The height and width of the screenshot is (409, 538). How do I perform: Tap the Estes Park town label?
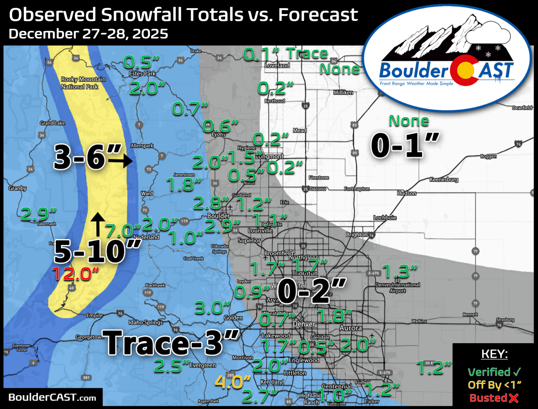point(142,74)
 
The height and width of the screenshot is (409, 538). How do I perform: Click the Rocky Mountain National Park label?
point(83,83)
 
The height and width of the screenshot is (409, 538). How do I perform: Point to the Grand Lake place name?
point(52,123)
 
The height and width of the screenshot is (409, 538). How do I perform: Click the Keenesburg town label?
point(444,179)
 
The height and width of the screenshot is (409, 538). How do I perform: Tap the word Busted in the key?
point(488,398)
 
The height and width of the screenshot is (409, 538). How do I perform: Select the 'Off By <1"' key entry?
point(494,385)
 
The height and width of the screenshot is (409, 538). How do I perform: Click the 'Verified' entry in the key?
point(489,372)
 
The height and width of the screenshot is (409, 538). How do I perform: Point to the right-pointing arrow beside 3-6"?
point(120,161)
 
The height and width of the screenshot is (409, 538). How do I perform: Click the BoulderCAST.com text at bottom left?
point(52,397)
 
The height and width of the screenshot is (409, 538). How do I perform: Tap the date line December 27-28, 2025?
point(88,34)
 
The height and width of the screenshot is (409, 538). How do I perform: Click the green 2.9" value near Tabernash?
point(39,214)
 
